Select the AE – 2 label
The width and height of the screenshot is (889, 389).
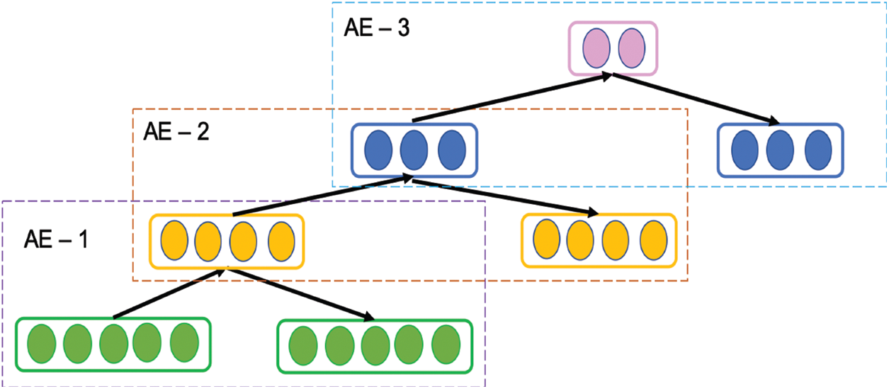point(176,132)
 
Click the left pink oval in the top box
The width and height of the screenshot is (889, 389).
point(596,48)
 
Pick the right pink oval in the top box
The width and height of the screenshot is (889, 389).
point(630,48)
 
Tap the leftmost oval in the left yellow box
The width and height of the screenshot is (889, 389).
point(175,242)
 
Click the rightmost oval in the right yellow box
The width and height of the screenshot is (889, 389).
point(653,241)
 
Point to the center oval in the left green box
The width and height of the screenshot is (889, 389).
point(113,343)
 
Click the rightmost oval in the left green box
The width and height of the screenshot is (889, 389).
point(184,343)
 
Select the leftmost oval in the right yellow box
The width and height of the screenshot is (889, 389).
point(546,241)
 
